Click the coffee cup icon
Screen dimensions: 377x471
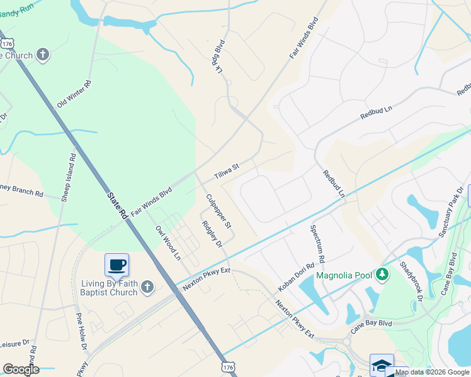pos(116,265)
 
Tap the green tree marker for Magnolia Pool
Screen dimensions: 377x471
pos(382,275)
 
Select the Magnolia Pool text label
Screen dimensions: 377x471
pos(345,275)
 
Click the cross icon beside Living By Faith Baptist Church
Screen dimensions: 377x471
pos(147,287)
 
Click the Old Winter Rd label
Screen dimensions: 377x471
pos(74,94)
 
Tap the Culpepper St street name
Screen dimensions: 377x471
pos(219,210)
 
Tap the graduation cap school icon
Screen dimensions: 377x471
pos(382,365)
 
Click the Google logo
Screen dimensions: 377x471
pos(21,369)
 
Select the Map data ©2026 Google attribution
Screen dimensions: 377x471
pos(432,372)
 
